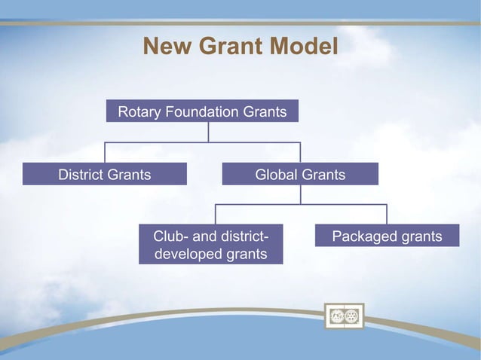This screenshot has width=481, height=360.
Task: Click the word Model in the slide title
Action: [x=299, y=47]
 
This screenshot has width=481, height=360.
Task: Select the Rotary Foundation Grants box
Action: [x=202, y=111]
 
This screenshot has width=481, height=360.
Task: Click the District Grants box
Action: [x=105, y=175]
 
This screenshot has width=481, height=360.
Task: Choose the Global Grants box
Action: [x=300, y=175]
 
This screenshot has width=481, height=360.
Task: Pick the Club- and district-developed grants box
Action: [x=210, y=245]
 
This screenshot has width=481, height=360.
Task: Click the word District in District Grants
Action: [x=83, y=175]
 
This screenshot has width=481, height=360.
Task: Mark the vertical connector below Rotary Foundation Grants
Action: [x=208, y=132]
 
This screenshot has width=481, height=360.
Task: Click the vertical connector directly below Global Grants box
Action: [x=301, y=194]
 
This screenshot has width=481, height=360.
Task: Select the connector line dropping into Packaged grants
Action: [x=387, y=214]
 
